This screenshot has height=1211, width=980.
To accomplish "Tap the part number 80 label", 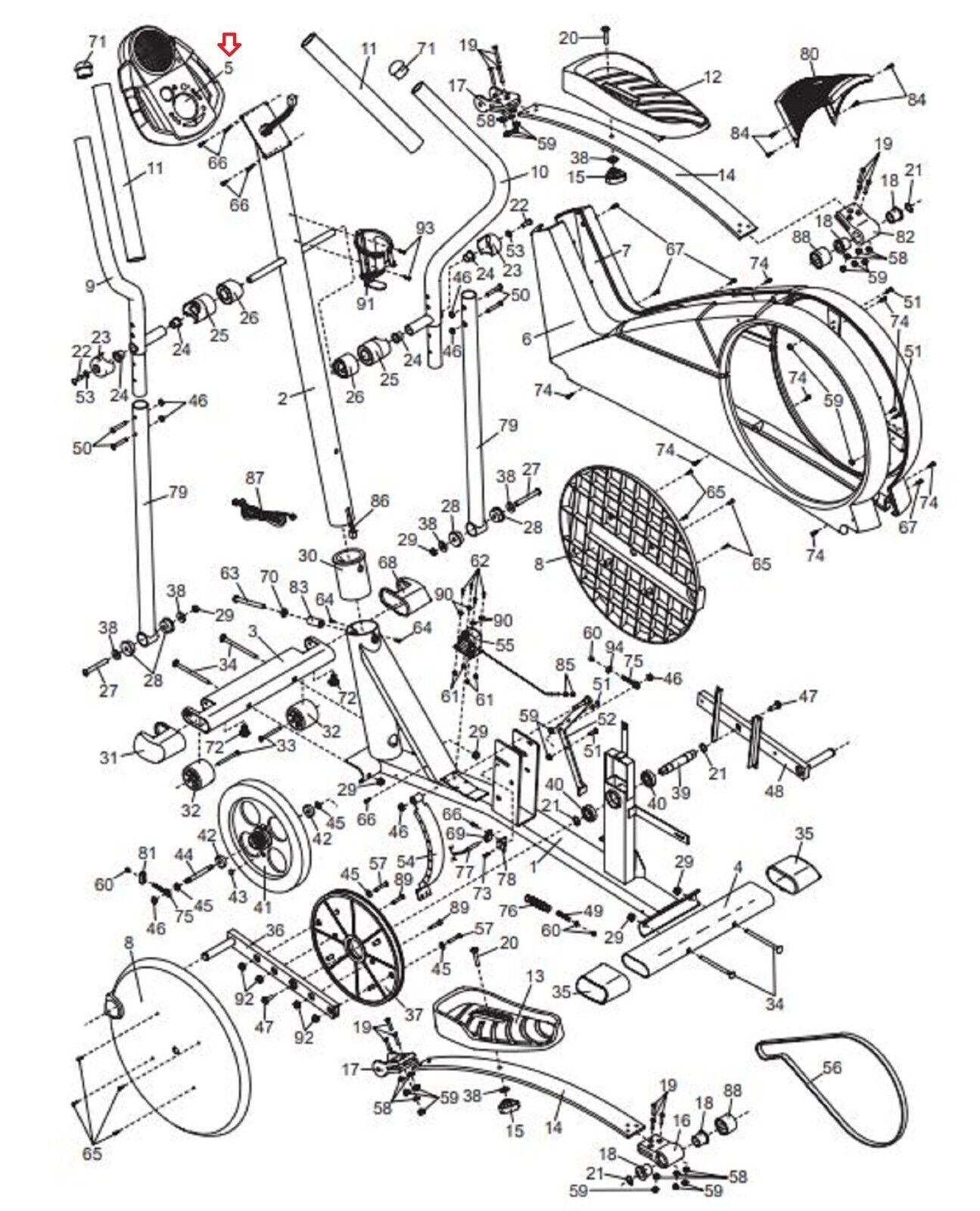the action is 809,54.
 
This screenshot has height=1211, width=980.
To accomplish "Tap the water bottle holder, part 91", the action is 374,256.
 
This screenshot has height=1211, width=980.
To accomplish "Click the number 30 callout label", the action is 307,556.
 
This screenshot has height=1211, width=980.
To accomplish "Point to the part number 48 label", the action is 773,792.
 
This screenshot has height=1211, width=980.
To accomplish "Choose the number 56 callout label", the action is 831,1067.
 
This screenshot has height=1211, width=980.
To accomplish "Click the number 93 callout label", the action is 425,227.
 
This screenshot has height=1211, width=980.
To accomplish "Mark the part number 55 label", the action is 504,646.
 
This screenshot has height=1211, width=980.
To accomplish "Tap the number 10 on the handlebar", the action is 538,171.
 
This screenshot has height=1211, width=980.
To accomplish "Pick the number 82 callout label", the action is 904,235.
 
